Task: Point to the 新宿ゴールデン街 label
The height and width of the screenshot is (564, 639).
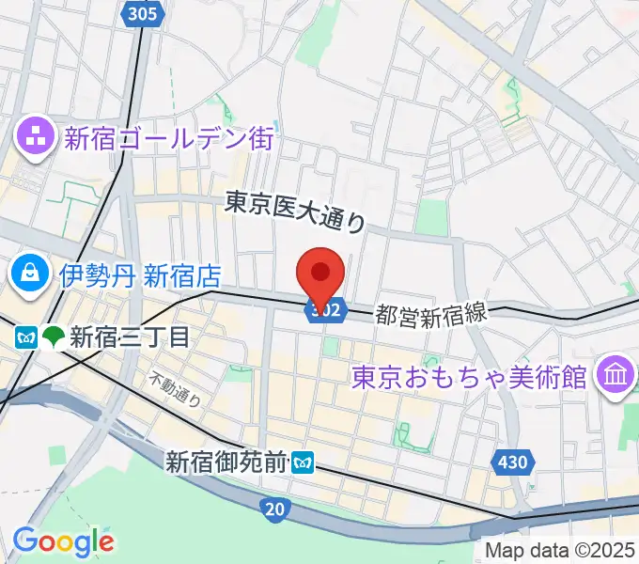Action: click(169, 139)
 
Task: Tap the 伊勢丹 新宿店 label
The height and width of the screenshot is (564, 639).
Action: click(140, 275)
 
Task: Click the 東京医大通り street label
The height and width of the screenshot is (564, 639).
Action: click(295, 210)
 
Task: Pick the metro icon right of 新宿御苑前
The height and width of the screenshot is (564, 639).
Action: click(303, 462)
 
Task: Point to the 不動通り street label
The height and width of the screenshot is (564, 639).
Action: click(177, 390)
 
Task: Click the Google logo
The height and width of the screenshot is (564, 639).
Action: click(63, 541)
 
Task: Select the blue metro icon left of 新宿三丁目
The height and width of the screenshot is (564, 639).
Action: click(26, 337)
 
